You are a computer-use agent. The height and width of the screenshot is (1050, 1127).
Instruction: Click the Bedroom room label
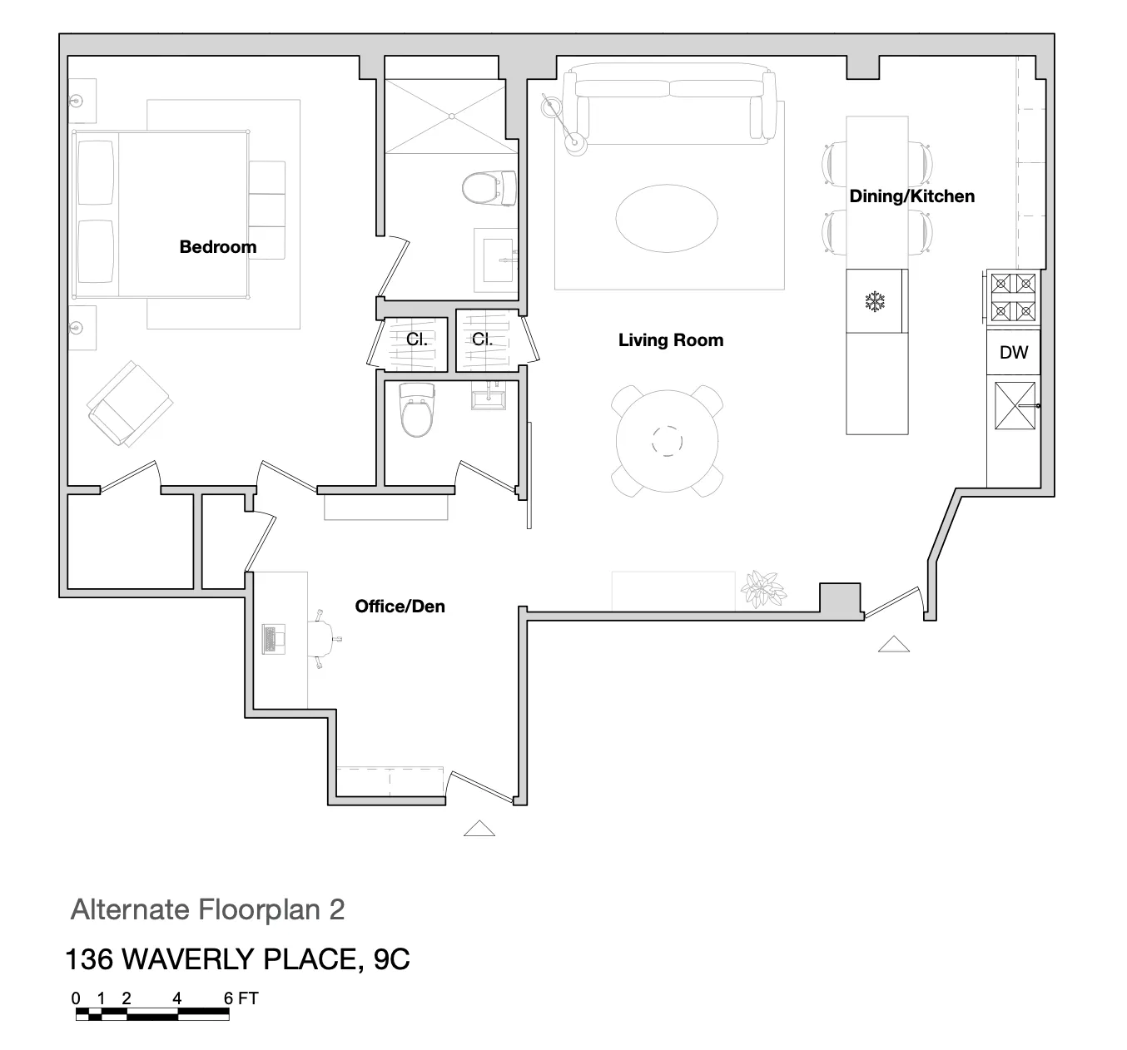click(217, 247)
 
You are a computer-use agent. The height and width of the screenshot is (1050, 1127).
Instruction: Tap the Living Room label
click(670, 340)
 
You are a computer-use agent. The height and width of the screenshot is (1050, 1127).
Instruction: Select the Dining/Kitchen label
click(911, 196)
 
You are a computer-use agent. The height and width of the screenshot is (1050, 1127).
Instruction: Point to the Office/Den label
click(400, 607)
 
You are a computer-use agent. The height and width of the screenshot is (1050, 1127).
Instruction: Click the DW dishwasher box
click(1013, 353)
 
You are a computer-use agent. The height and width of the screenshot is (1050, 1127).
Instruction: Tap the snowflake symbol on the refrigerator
click(875, 301)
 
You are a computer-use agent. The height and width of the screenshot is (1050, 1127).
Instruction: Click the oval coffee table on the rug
click(666, 218)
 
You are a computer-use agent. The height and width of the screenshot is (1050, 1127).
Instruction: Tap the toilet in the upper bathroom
click(487, 188)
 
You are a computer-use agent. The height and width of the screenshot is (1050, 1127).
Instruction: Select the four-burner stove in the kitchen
click(1013, 298)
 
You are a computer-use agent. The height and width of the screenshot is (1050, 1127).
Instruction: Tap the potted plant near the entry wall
click(762, 588)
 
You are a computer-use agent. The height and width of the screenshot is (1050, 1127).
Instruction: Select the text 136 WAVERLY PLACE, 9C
click(237, 959)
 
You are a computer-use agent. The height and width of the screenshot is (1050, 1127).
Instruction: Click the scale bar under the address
click(152, 1013)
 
